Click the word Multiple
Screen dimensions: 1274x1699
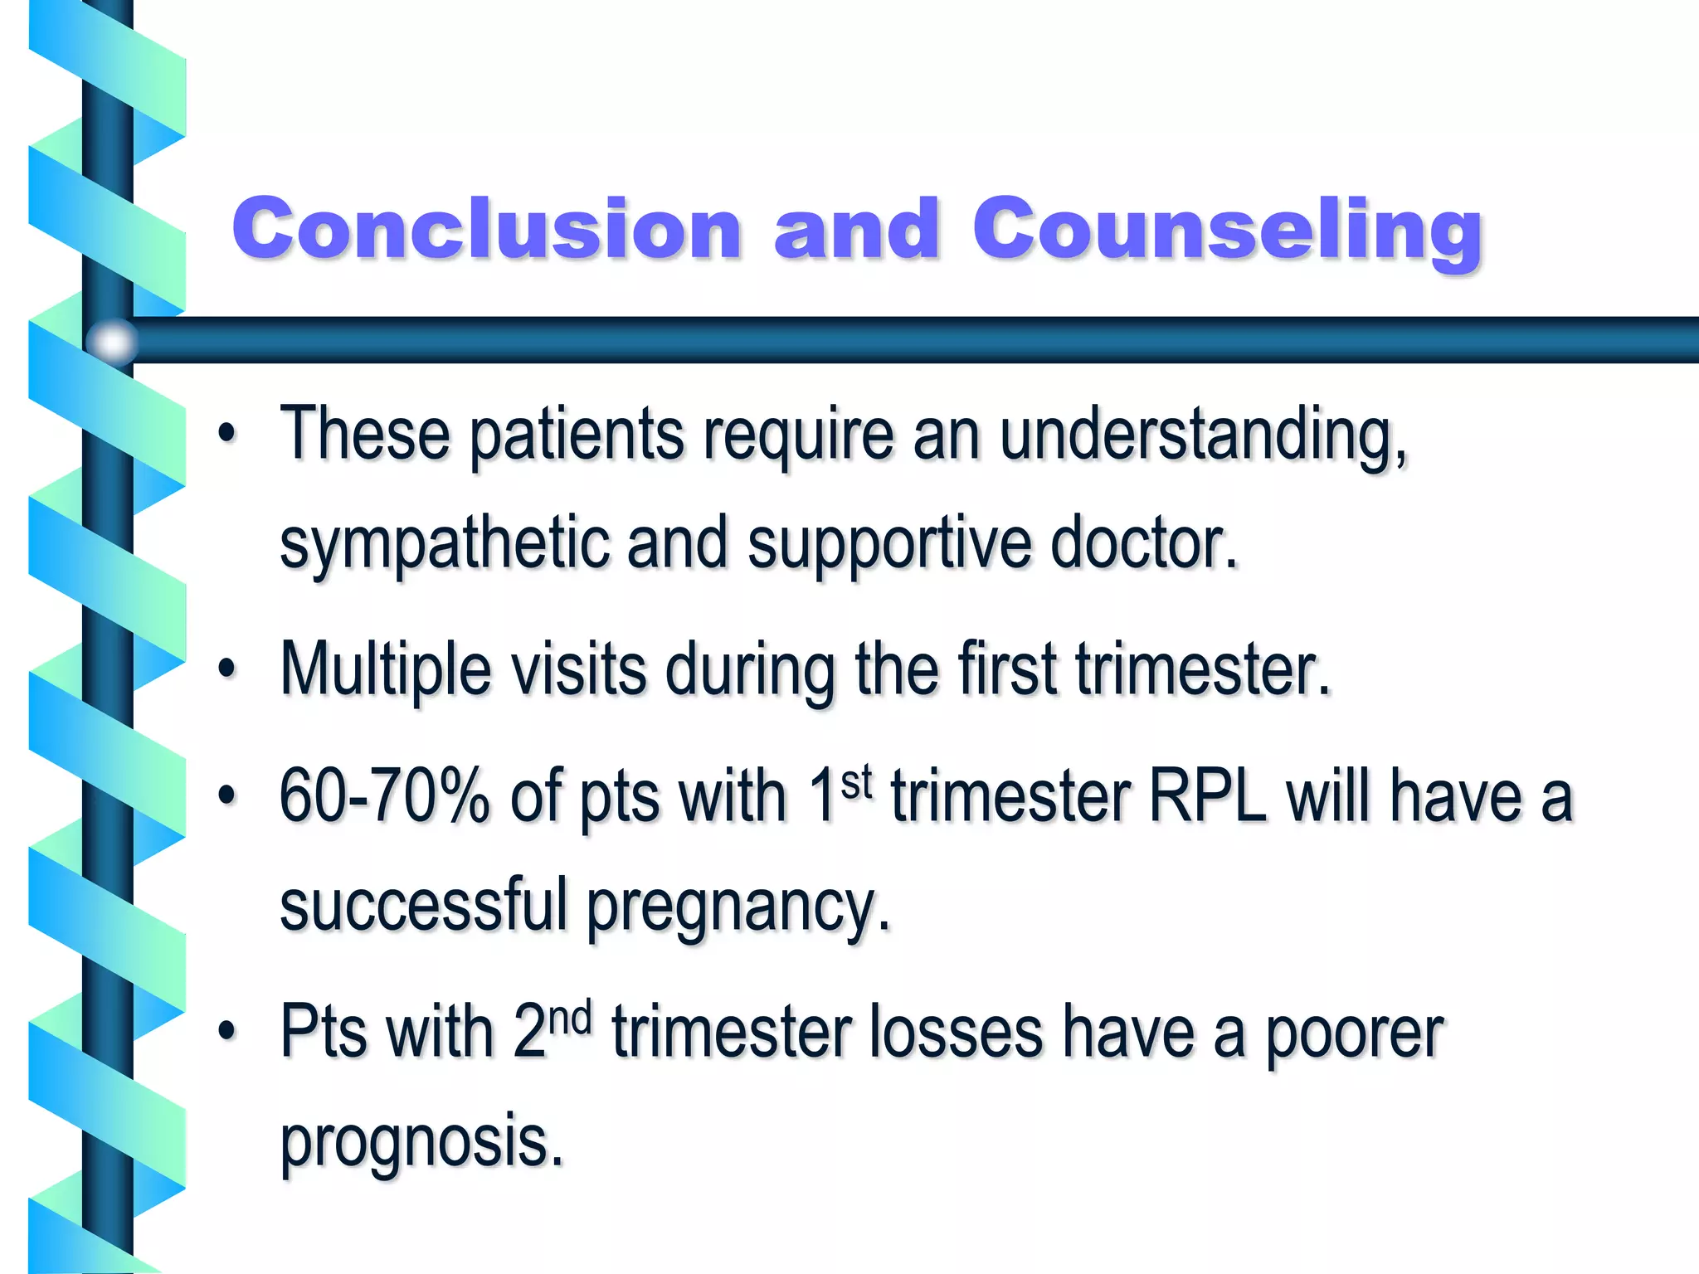386,670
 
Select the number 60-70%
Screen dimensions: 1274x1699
384,795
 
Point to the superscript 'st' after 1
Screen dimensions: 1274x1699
856,781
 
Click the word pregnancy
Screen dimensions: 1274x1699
738,907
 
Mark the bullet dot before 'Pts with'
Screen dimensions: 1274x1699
226,1031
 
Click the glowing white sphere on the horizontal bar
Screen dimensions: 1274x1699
112,341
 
